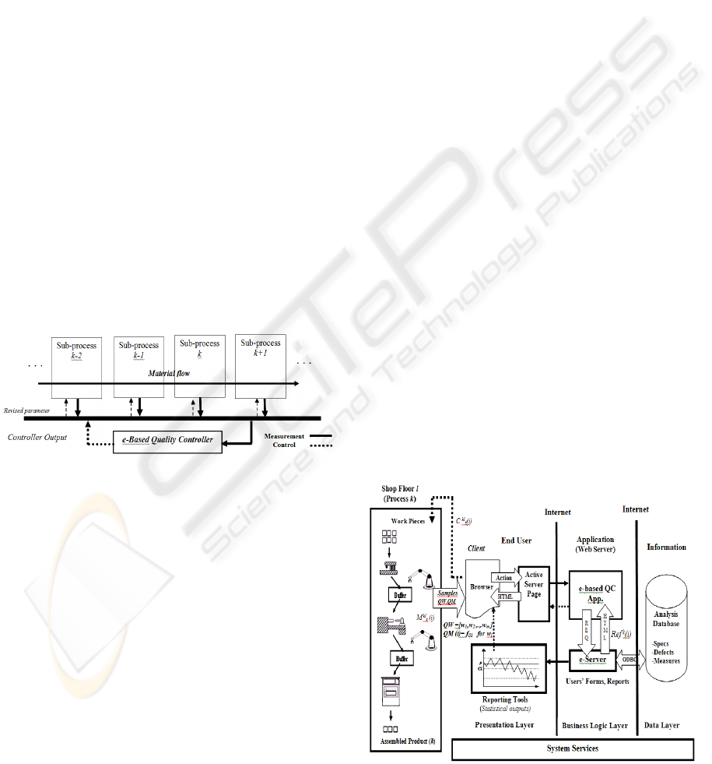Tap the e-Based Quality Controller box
pyautogui.click(x=167, y=440)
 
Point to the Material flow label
pyautogui.click(x=170, y=374)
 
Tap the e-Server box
pyautogui.click(x=592, y=659)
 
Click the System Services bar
pyautogui.click(x=573, y=749)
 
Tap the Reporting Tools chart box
pyautogui.click(x=506, y=668)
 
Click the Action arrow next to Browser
pyautogui.click(x=503, y=577)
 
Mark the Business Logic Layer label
pyautogui.click(x=595, y=725)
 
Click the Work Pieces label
pyautogui.click(x=408, y=520)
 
